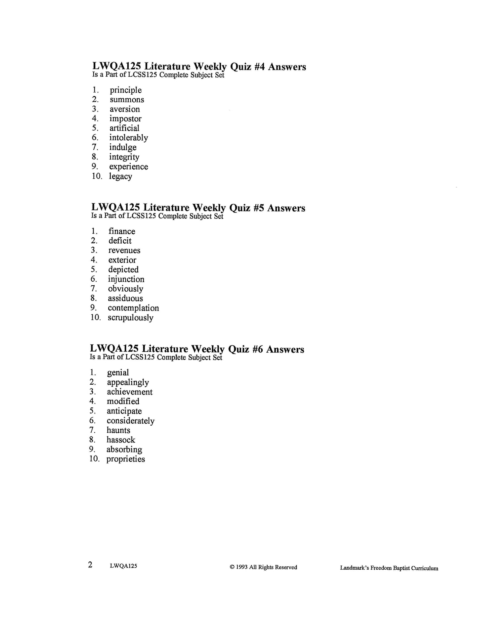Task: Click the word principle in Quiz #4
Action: tap(126, 90)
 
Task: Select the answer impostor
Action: tap(125, 119)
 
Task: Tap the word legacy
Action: tap(120, 176)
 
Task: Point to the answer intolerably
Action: tap(128, 138)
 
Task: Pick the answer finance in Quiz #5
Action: tap(122, 231)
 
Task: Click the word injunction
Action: tap(126, 279)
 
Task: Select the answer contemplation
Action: tap(133, 308)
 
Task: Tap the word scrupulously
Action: tap(130, 318)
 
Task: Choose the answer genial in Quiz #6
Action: tap(118, 373)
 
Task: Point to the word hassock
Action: tap(121, 440)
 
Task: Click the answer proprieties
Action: tap(126, 459)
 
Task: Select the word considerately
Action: tap(130, 421)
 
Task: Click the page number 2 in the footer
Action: tap(90, 565)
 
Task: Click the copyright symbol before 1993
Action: tap(232, 567)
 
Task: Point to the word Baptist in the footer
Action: tap(402, 568)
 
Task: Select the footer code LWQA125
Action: tap(123, 566)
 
